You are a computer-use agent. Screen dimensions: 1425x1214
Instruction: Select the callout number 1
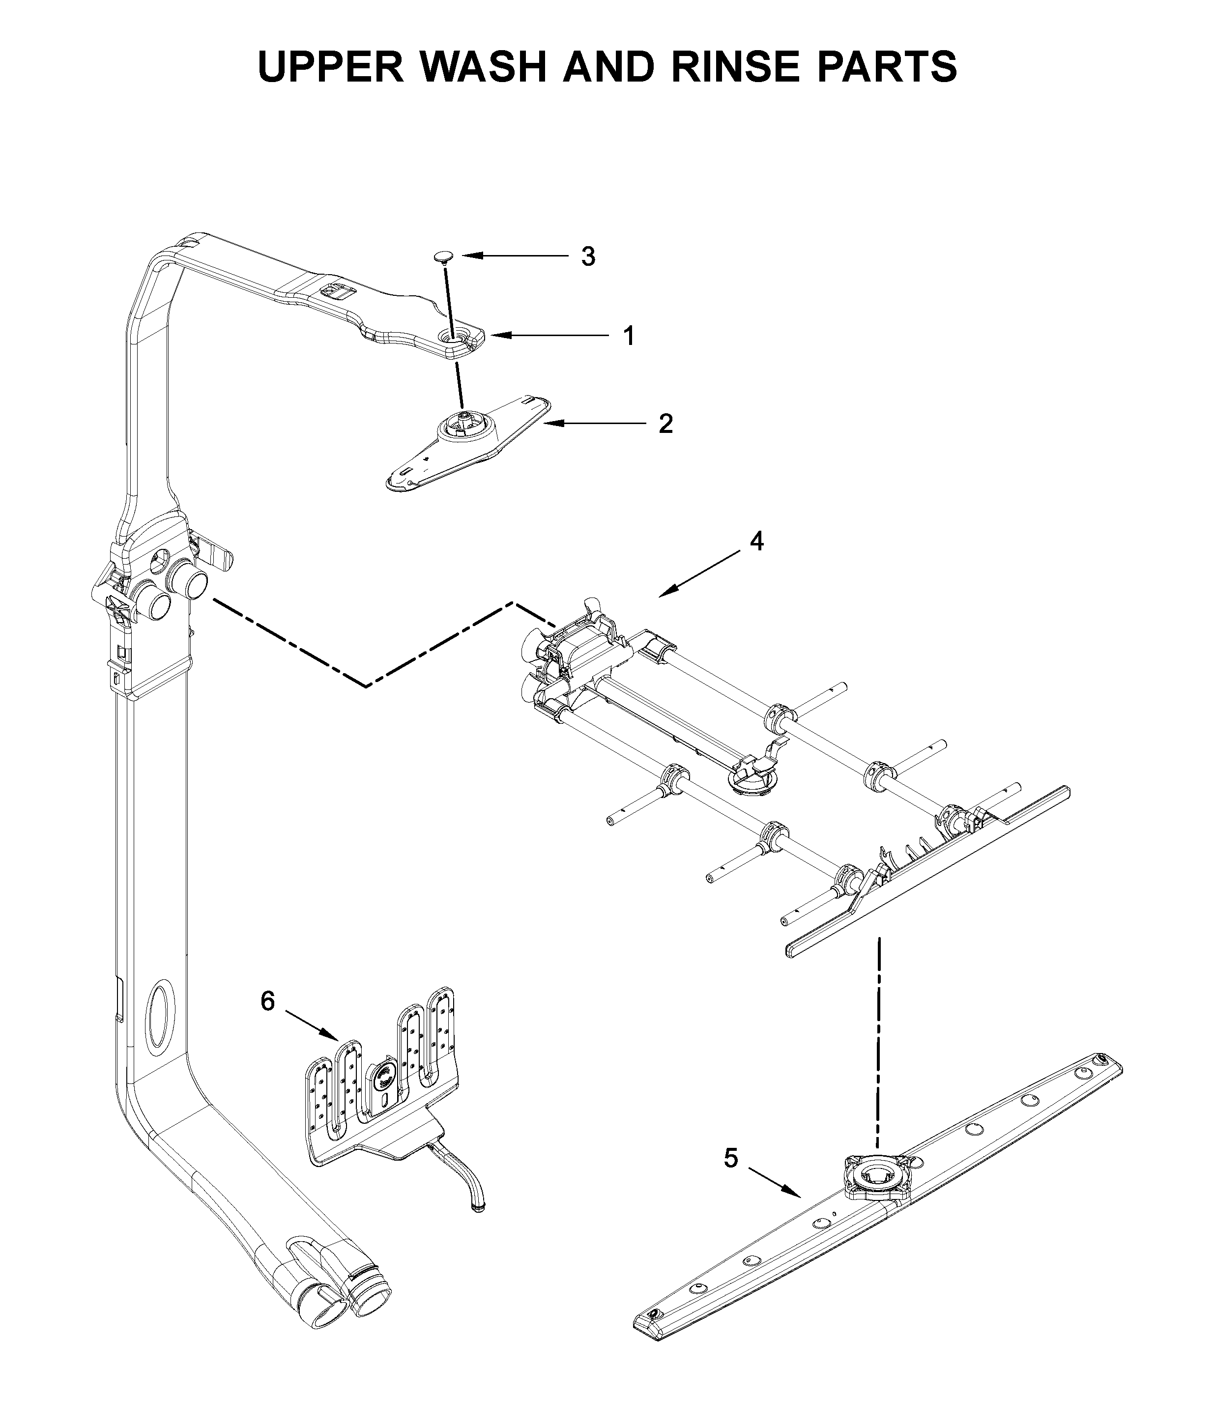(x=628, y=336)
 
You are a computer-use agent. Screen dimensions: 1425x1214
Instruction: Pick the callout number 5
(x=730, y=1158)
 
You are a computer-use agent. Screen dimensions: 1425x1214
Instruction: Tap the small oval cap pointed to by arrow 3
(x=444, y=256)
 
